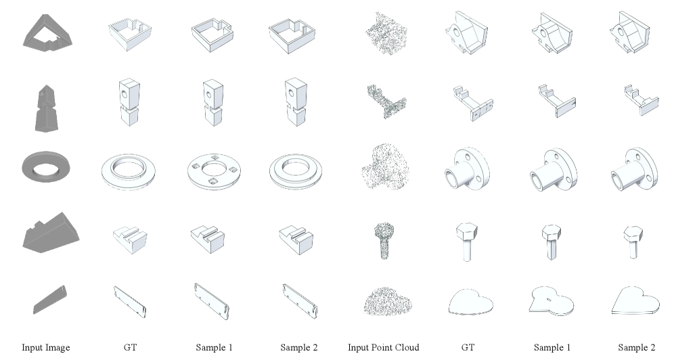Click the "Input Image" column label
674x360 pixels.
45,347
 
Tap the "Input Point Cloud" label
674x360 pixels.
384,347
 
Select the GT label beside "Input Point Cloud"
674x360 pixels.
468,347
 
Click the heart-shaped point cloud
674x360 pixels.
388,302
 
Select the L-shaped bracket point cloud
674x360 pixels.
386,101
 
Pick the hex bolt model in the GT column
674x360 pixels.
467,242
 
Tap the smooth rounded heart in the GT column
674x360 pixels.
470,302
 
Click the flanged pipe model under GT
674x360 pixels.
467,168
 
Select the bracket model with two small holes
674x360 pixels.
473,103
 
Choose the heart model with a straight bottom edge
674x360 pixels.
635,302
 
